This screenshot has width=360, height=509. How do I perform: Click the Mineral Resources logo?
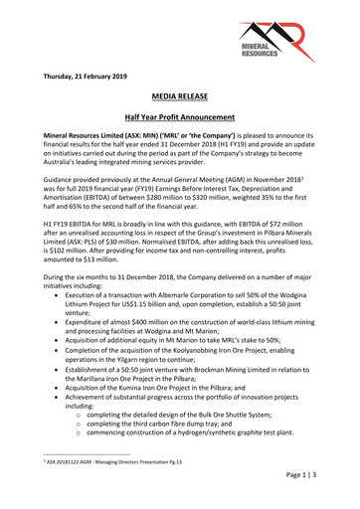[300, 43]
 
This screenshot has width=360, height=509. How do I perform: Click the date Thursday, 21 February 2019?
[92, 77]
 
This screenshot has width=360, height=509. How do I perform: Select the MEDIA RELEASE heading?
[180, 101]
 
